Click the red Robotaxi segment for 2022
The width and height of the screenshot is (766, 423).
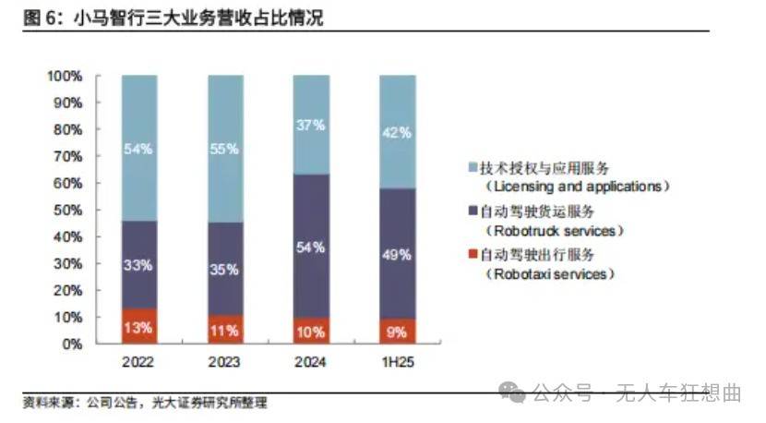pos(139,325)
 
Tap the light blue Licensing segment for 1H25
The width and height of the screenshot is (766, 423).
pos(397,132)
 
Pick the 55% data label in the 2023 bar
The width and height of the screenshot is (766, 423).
pos(225,148)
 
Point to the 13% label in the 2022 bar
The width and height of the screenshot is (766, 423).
pos(139,328)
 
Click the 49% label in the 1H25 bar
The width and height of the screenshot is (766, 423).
pos(397,255)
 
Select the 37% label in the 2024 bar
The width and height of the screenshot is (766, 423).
pos(311,125)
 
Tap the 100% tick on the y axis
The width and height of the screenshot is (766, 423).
pos(66,76)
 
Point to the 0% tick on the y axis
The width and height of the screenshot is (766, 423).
pos(72,344)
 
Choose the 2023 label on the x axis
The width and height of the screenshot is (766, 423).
pos(225,363)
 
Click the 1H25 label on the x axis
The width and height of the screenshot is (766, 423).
pos(397,363)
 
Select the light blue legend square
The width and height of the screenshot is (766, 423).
pos(472,167)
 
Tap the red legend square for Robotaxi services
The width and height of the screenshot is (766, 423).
pos(472,254)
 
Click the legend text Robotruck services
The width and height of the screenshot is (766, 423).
pos(553,230)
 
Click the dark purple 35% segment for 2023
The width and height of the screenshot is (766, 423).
pos(225,268)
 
